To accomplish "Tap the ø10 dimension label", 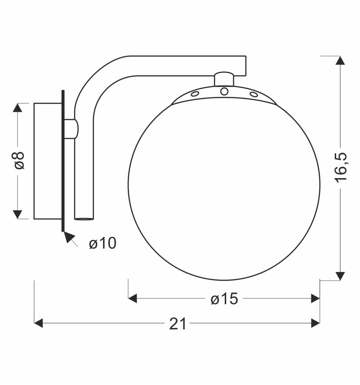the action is [x=103, y=243].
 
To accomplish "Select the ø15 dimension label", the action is [x=224, y=299].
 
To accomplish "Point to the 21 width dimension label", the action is [x=178, y=324].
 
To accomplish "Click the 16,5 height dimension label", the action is [x=341, y=167].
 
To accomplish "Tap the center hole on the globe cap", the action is [x=224, y=91].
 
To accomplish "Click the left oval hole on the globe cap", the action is [x=195, y=93].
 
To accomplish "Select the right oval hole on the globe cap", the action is [x=253, y=94].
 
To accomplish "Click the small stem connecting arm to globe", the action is [x=224, y=79].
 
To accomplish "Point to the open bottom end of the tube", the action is [x=84, y=219].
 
